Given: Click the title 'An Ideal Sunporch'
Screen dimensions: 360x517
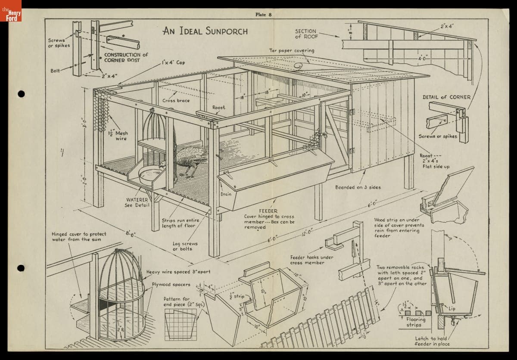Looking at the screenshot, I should (x=205, y=31).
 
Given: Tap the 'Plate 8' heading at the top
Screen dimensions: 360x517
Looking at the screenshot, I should (x=263, y=14).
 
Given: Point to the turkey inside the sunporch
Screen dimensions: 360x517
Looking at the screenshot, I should (x=190, y=161).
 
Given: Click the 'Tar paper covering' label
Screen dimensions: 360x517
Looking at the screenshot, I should (x=292, y=50).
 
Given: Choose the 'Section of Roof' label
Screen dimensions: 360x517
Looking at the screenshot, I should (x=305, y=34).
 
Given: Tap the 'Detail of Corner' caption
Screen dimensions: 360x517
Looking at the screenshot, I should (x=446, y=97).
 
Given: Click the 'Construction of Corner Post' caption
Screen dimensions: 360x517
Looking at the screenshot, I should (x=126, y=57).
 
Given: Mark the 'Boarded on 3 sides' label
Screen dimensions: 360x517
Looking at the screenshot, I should (x=358, y=187).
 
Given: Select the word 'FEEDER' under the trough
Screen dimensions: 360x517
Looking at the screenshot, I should (x=268, y=211).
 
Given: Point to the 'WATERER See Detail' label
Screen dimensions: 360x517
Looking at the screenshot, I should (x=137, y=202).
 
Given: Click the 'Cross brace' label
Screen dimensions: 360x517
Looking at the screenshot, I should (x=176, y=101).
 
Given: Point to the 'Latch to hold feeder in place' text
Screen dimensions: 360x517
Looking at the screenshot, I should (x=431, y=341).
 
